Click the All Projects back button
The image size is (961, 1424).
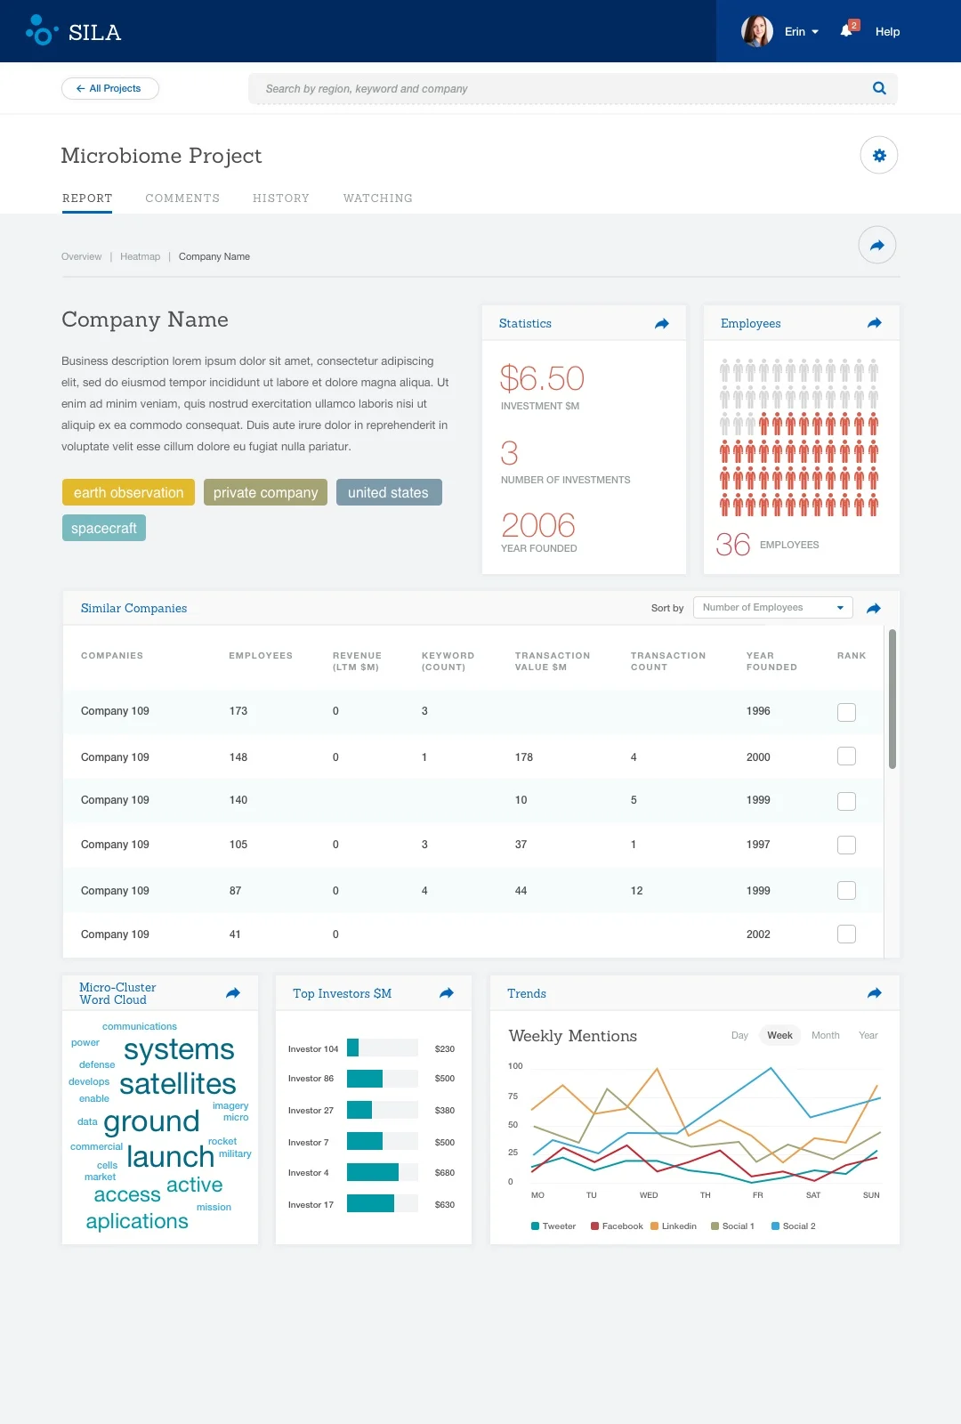coord(110,88)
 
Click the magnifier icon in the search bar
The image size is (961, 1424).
coord(879,88)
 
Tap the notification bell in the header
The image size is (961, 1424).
coord(846,31)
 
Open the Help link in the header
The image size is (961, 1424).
coord(887,31)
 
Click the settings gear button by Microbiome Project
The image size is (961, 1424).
coord(879,156)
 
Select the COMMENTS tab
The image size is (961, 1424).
coord(182,198)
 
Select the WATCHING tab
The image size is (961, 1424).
coord(377,198)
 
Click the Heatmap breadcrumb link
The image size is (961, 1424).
coord(140,256)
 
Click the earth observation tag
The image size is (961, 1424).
coord(128,492)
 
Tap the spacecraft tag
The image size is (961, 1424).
coord(103,528)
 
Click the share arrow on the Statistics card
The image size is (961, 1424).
coord(662,324)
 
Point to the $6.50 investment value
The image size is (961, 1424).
coord(541,379)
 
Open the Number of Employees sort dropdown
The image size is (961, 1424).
coord(772,607)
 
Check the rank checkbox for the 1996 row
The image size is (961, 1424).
coord(846,712)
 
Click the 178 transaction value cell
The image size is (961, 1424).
coord(523,757)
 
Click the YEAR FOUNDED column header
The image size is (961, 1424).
coord(771,661)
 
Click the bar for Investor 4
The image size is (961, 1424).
coord(372,1173)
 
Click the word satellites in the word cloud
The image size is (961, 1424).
coord(177,1084)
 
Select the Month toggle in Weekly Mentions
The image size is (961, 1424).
coord(825,1035)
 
